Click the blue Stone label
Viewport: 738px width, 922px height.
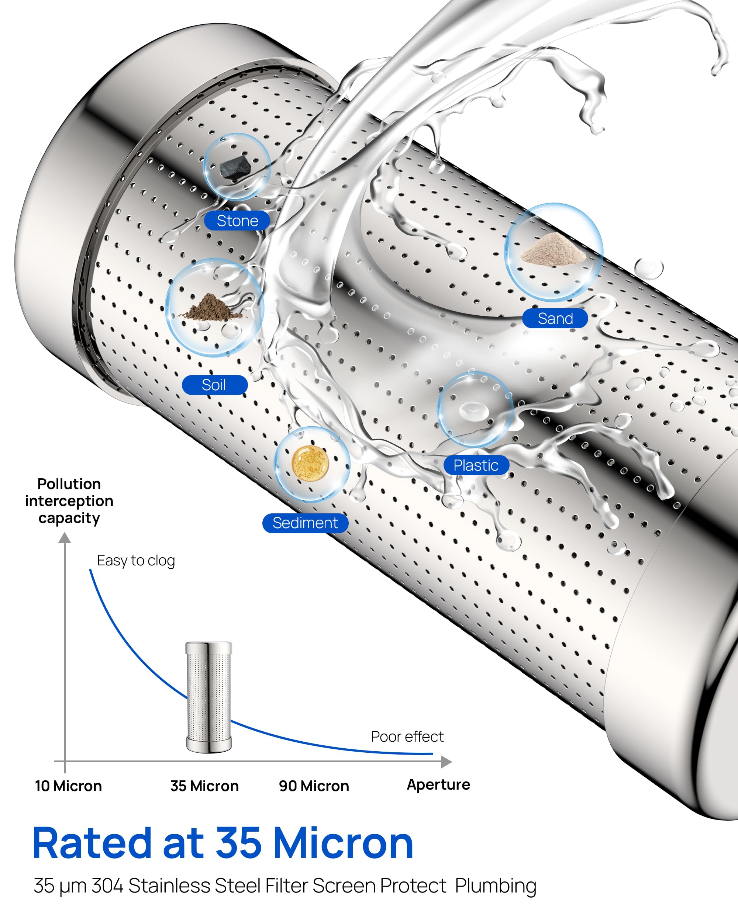pos(237,221)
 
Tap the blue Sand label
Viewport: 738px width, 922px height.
pos(555,318)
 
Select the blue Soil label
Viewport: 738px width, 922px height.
pos(214,385)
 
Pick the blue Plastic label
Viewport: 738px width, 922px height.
pos(476,465)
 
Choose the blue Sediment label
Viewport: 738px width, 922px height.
pos(305,523)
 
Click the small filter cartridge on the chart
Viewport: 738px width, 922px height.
pos(209,697)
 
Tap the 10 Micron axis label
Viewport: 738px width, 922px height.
pos(69,786)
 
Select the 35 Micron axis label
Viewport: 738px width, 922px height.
pos(204,786)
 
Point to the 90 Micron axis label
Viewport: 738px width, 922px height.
pos(314,786)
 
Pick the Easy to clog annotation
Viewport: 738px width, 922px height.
pos(136,561)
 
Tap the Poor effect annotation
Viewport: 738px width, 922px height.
pos(407,736)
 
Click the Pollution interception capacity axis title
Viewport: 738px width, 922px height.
pos(69,501)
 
